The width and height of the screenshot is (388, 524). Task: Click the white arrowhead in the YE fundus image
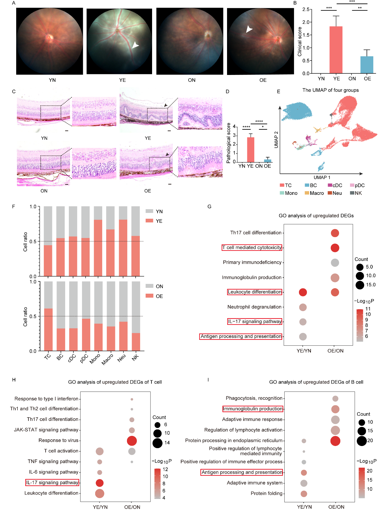(x=135, y=45)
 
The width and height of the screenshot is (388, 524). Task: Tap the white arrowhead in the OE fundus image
(x=249, y=29)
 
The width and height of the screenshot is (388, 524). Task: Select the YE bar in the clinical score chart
(x=336, y=50)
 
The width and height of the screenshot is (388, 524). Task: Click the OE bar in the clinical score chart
(x=367, y=65)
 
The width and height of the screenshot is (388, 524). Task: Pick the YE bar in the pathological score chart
(x=250, y=150)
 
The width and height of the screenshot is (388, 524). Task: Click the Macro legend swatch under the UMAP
(x=307, y=193)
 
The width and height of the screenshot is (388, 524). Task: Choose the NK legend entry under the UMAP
(x=356, y=193)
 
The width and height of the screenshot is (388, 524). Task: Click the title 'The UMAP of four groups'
(x=330, y=90)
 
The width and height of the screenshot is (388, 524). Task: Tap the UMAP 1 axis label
(x=322, y=177)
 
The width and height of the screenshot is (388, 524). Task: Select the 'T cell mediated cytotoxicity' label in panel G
(x=252, y=247)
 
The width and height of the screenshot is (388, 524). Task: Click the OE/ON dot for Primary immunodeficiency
(x=335, y=262)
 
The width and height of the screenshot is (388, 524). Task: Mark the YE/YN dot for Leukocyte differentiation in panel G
(x=303, y=292)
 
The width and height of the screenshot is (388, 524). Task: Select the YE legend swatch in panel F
(x=149, y=221)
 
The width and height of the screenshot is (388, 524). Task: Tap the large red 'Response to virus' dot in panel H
(x=132, y=440)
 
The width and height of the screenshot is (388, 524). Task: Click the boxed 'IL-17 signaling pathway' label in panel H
(x=52, y=482)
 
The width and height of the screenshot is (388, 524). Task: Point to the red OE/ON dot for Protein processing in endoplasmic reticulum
(x=335, y=441)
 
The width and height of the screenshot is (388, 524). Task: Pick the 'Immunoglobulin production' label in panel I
(x=252, y=409)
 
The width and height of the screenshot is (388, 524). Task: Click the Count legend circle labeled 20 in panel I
(x=361, y=441)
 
